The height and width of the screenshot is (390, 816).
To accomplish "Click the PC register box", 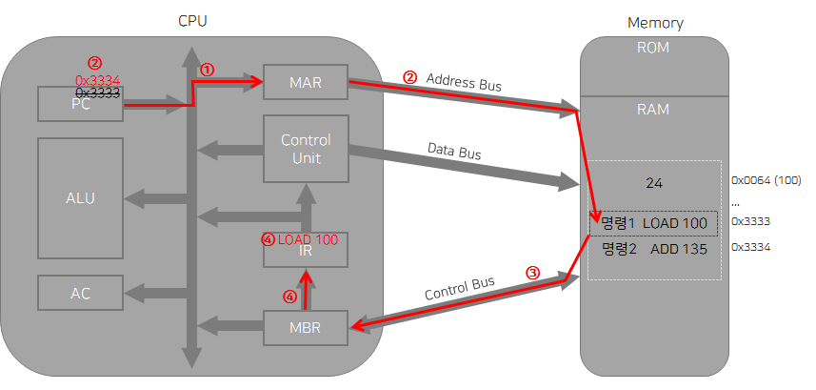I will (x=80, y=104).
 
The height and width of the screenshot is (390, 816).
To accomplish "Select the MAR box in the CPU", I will (x=306, y=84).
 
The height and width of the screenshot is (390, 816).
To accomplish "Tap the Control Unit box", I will (x=306, y=148).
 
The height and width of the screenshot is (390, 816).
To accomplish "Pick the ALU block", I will (x=80, y=198).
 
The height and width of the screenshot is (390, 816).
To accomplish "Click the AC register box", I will (x=80, y=292).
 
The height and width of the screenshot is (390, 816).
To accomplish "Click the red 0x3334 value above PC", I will (x=97, y=79).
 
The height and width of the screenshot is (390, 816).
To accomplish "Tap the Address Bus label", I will (x=464, y=83).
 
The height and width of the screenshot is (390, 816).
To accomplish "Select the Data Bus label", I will (x=453, y=153).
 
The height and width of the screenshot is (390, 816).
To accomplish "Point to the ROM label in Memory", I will (x=652, y=48).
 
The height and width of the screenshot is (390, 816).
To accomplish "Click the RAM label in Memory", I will (x=652, y=109).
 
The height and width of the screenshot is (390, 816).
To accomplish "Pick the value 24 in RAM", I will (x=652, y=182).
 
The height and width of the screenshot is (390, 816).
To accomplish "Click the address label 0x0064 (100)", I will (x=766, y=179).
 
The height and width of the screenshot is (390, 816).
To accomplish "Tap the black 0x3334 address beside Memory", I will (x=750, y=247).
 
